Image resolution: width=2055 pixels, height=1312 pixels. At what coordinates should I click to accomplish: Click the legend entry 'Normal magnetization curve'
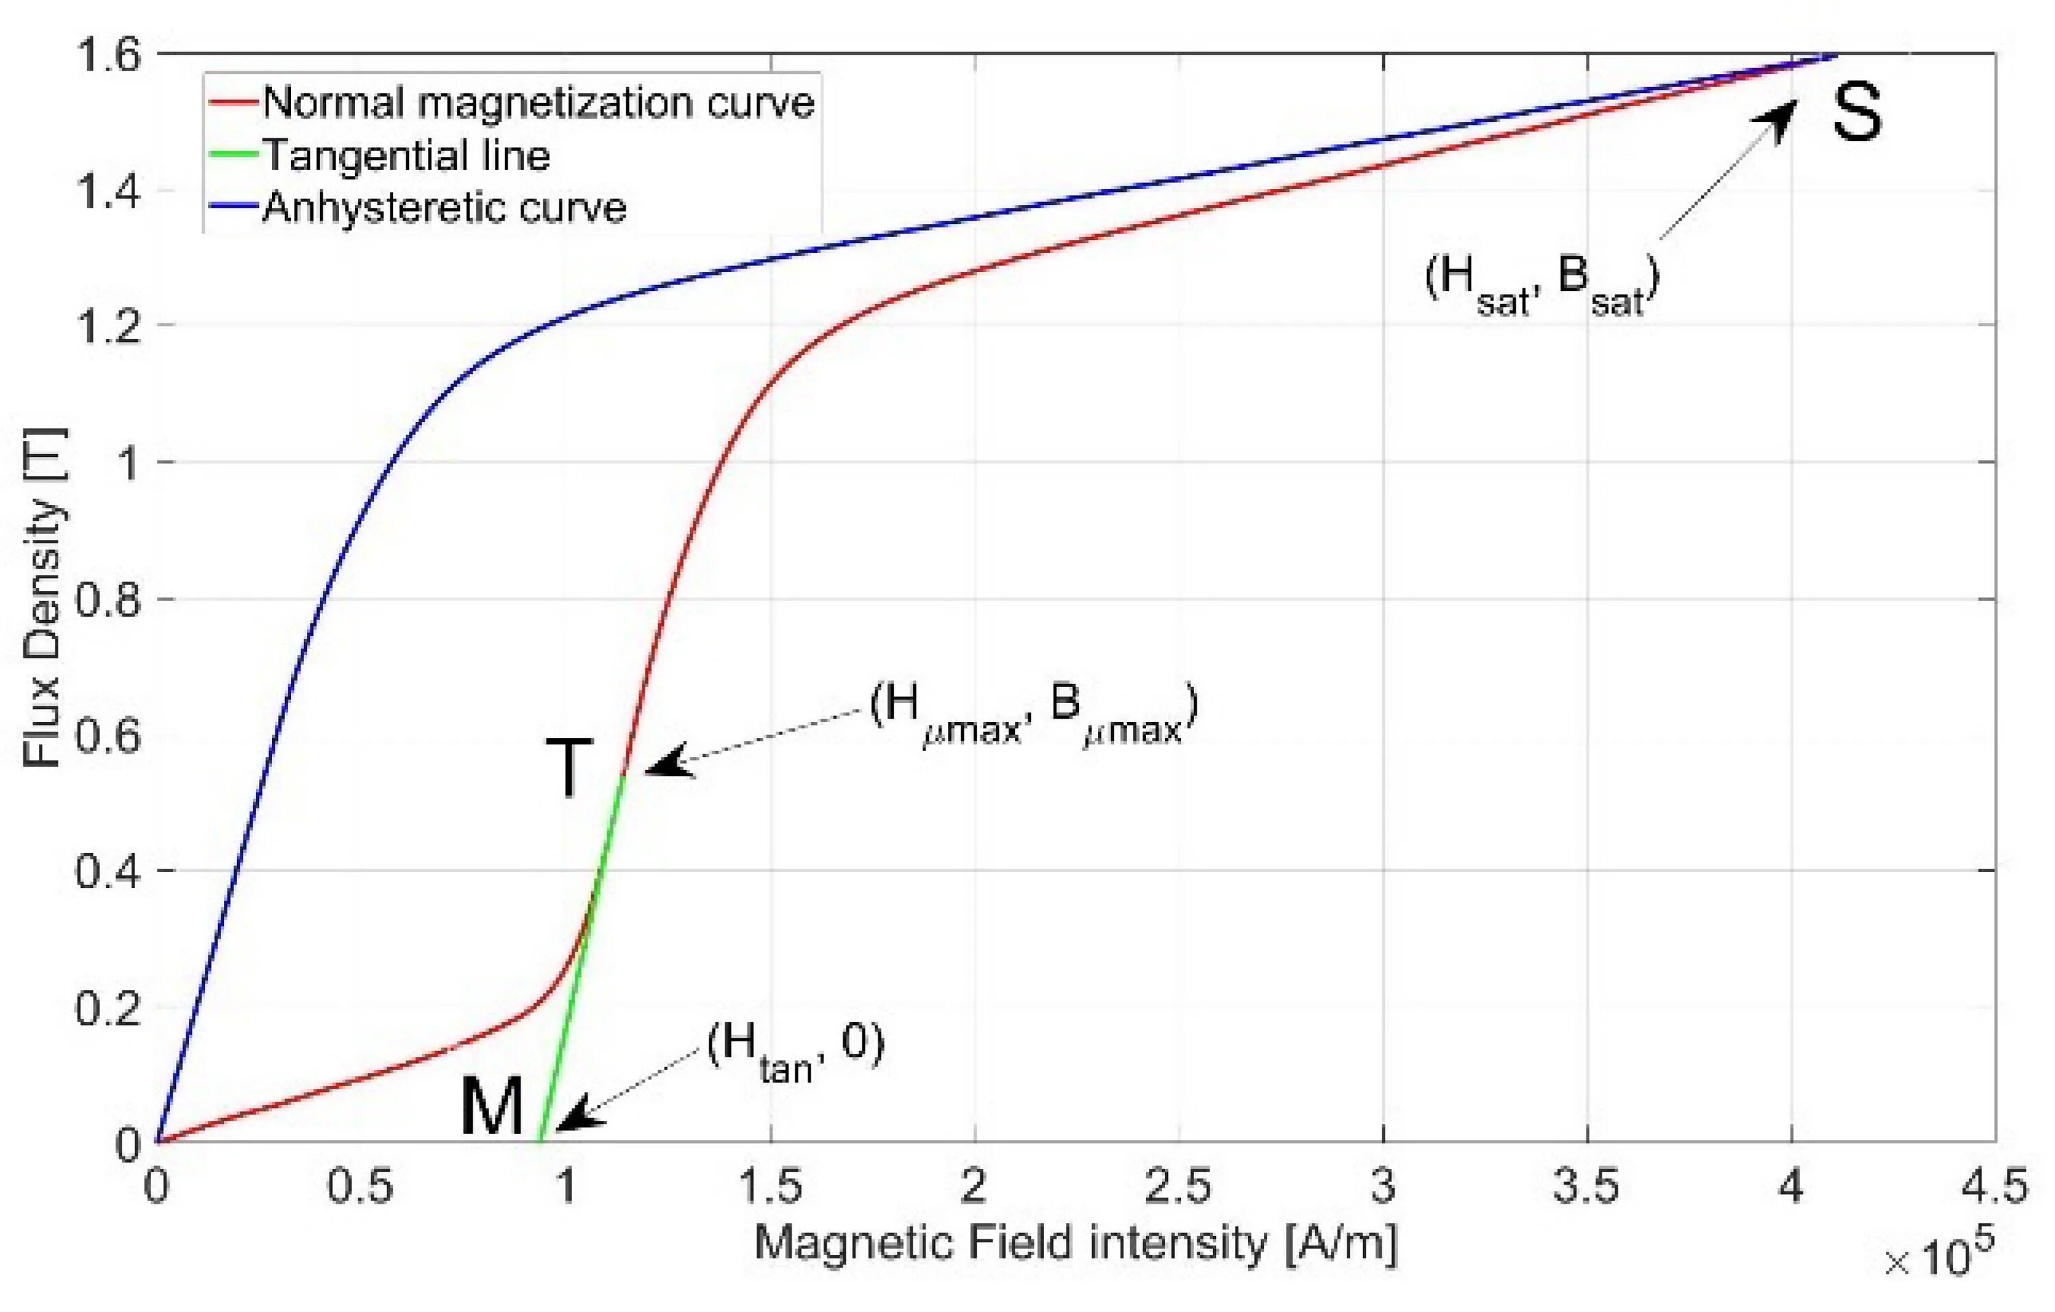pos(538,103)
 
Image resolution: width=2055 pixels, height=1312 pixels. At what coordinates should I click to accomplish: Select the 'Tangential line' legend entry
pos(406,156)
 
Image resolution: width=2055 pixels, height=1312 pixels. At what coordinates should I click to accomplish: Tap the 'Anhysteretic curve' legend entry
pos(444,208)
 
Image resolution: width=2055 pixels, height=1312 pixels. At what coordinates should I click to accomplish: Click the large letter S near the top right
pos(1857,114)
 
